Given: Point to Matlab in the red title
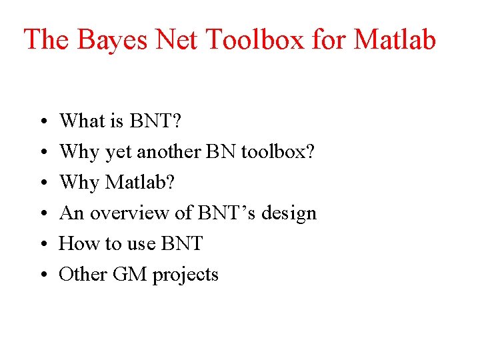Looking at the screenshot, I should click(395, 40).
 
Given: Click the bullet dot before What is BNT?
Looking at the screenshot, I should click(41, 122).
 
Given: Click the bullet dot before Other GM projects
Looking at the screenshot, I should click(41, 275).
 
